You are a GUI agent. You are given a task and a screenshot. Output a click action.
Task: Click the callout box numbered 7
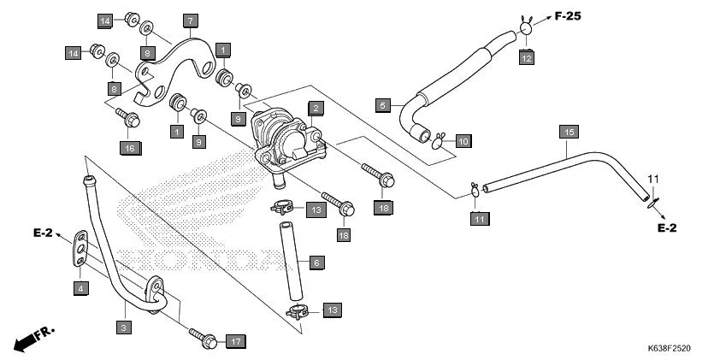(x=189, y=19)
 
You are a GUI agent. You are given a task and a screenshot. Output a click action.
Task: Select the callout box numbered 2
(x=316, y=108)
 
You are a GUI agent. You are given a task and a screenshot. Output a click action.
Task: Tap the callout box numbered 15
(x=569, y=131)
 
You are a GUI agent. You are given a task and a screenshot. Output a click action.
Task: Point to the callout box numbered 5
(x=384, y=105)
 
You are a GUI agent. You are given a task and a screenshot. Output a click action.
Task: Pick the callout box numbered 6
(x=316, y=263)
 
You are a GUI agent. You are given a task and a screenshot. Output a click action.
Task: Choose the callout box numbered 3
(x=124, y=327)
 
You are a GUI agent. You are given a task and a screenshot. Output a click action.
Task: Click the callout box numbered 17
(x=236, y=341)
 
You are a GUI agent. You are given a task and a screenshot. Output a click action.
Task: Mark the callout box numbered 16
(x=129, y=149)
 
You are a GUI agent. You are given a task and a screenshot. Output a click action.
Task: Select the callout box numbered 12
(x=527, y=57)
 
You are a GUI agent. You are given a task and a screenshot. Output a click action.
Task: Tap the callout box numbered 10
(x=463, y=141)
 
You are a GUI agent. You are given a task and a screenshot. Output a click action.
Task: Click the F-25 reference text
(x=574, y=15)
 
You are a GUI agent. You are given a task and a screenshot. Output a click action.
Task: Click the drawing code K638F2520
(x=668, y=350)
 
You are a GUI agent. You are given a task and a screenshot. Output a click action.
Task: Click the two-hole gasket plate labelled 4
(x=80, y=250)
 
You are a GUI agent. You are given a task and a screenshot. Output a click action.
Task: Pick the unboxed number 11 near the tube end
(x=653, y=178)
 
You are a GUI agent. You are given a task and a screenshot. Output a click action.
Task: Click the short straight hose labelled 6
(x=289, y=257)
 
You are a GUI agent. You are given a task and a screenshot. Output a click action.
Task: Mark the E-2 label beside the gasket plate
(x=44, y=233)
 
